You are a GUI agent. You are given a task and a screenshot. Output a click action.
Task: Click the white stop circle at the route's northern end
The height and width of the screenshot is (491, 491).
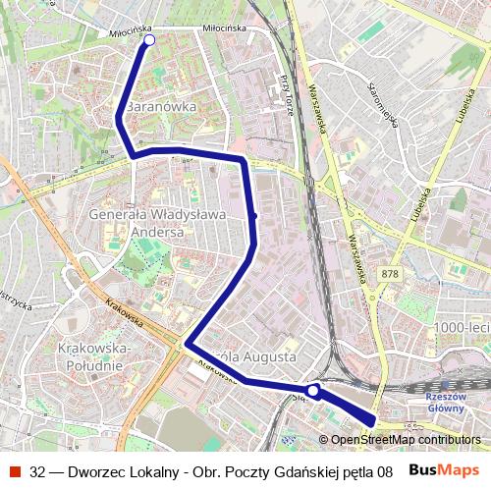coord(149,40)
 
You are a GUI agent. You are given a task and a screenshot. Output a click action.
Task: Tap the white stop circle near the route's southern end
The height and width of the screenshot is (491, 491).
coord(312,391)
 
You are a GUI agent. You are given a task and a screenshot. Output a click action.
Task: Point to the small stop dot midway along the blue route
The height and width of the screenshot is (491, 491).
coord(254,215)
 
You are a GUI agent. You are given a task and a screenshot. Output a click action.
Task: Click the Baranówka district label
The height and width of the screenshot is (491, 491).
coord(162,105)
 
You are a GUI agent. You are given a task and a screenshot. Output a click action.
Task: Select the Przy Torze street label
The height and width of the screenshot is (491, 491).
coord(286,94)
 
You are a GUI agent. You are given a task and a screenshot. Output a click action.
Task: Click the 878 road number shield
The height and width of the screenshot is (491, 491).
coord(390,274)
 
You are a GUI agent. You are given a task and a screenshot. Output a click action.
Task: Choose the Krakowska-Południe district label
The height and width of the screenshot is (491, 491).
coord(90,356)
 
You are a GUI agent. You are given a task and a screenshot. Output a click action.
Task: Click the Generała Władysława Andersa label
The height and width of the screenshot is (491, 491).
coord(143,222)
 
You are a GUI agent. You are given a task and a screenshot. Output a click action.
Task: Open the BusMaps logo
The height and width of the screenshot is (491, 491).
coord(445,470)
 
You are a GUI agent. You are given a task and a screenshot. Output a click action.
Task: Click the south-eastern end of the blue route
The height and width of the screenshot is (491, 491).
coord(371,422)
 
